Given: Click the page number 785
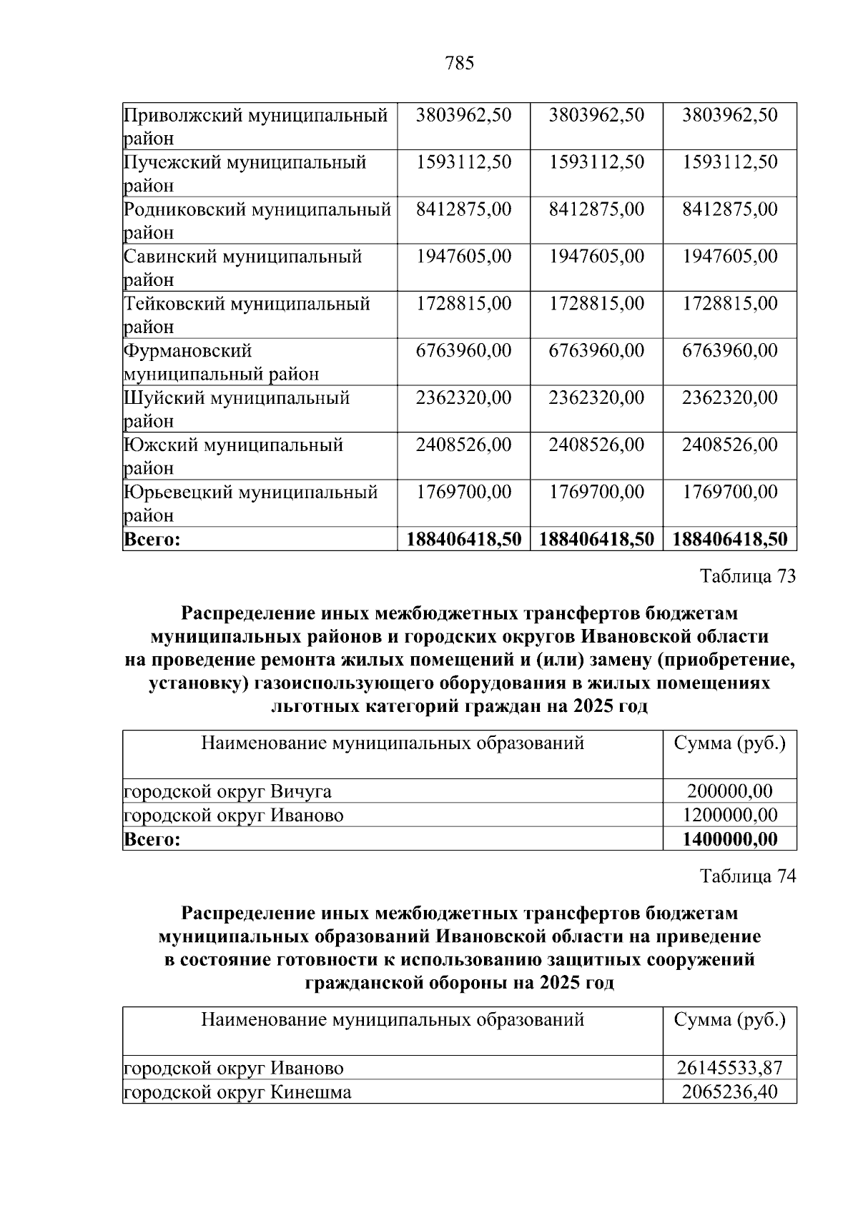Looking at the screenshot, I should click(x=459, y=64).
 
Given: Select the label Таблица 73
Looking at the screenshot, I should click(x=747, y=576).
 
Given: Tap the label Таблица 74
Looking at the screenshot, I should click(x=747, y=876).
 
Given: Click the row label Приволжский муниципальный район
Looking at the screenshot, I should click(x=255, y=126).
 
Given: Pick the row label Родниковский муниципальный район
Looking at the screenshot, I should click(x=257, y=220).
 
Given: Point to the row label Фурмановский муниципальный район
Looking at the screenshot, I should click(x=221, y=362).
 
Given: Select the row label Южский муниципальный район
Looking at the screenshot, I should click(x=233, y=456).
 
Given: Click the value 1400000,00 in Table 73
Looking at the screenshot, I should click(x=730, y=838).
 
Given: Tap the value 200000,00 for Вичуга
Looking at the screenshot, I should click(x=730, y=791).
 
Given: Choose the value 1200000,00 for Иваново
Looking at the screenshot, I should click(x=730, y=815).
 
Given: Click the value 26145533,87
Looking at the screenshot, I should click(x=730, y=1068).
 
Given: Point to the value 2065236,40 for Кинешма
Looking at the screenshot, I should click(x=730, y=1092).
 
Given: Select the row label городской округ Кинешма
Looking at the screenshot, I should click(x=237, y=1092).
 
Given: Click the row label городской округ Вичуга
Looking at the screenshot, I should click(x=227, y=791).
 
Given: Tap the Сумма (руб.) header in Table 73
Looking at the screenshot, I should click(x=730, y=743).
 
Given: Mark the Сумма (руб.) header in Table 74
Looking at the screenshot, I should click(x=730, y=1019).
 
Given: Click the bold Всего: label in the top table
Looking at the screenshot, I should click(x=152, y=539).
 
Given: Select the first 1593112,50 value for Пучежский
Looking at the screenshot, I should click(x=463, y=162).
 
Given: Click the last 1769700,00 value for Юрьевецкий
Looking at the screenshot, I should click(x=730, y=492).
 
